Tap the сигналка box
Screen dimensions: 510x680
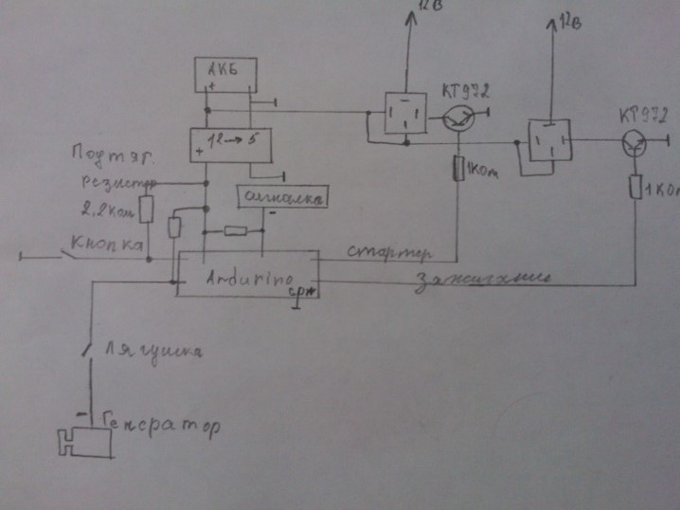tap(281, 197)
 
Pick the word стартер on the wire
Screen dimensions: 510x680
tap(388, 253)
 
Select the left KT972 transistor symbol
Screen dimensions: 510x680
tap(460, 118)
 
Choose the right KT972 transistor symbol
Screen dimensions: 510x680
tap(634, 142)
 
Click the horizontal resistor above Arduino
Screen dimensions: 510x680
tap(234, 231)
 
